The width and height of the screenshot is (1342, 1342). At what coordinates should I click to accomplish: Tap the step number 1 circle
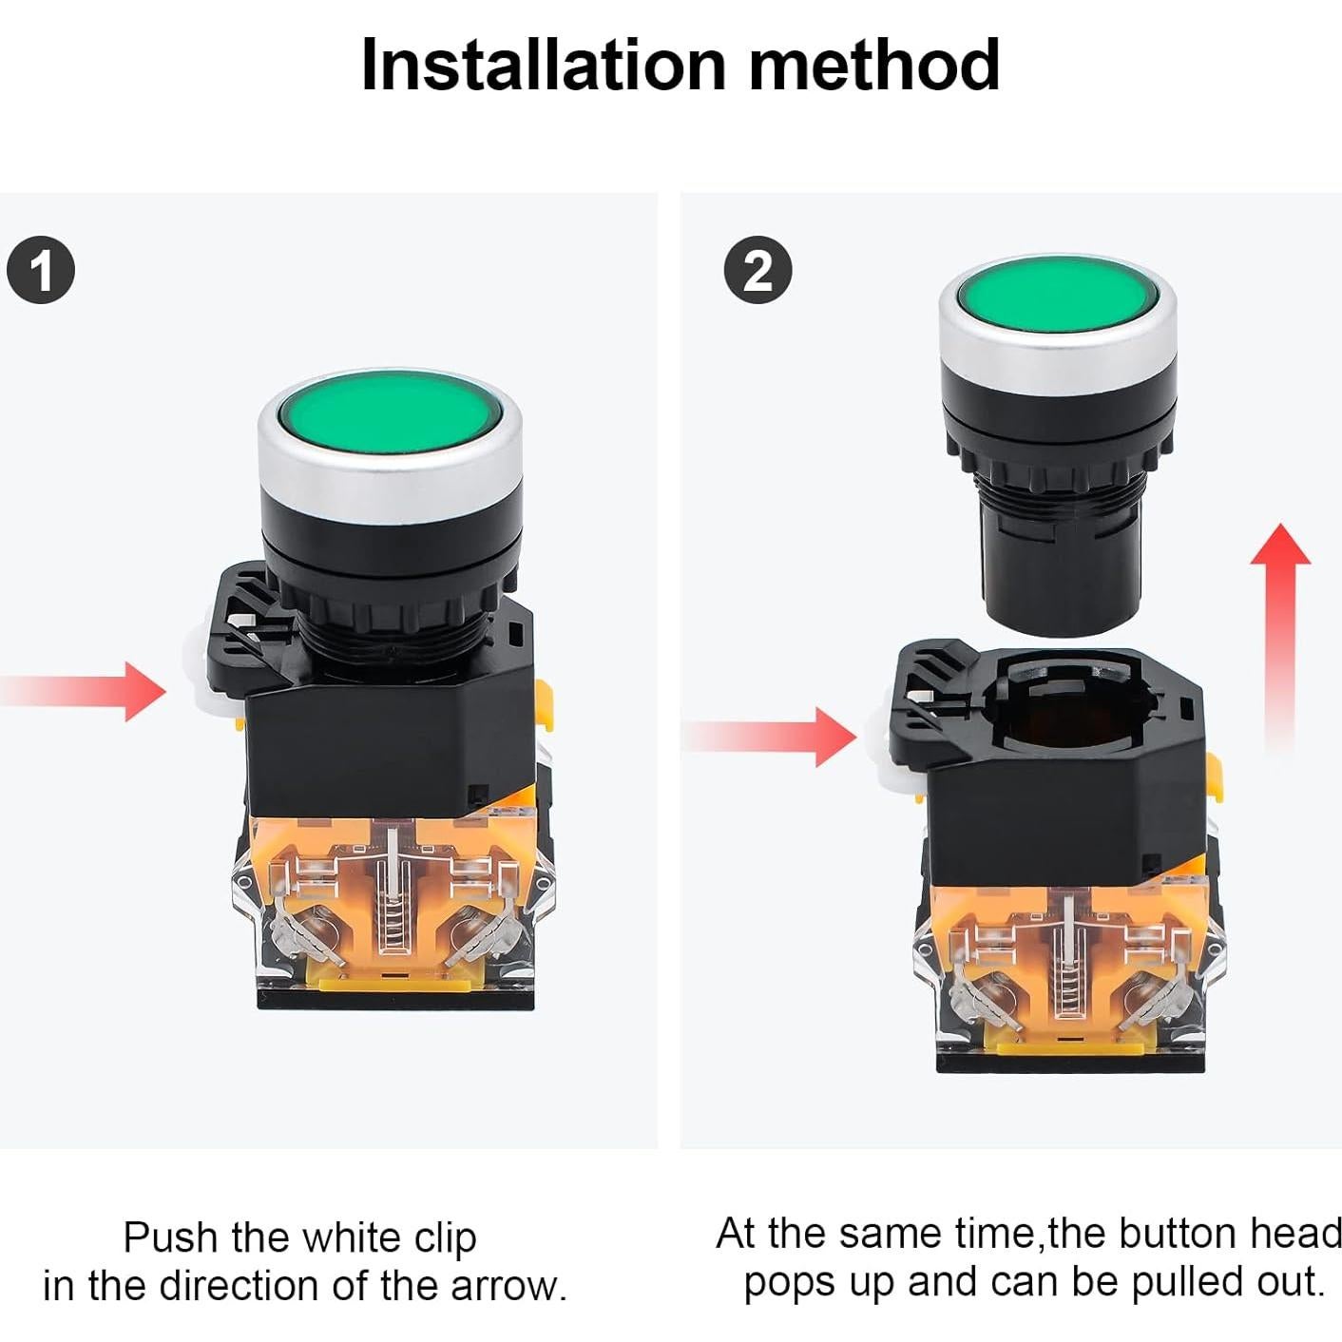[x=41, y=270]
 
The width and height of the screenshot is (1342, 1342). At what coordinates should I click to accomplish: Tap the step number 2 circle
[x=758, y=270]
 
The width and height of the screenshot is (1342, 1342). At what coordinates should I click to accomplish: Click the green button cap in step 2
[x=1057, y=294]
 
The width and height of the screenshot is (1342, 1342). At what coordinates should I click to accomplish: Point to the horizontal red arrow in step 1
[x=84, y=692]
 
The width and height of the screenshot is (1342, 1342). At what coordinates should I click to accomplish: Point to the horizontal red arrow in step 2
[x=770, y=737]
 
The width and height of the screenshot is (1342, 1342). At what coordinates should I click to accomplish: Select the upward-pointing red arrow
[x=1280, y=637]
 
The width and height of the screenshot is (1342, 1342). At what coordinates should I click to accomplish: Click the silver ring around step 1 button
[x=389, y=473]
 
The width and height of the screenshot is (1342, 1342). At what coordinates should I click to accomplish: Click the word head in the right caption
[x=1295, y=1234]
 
